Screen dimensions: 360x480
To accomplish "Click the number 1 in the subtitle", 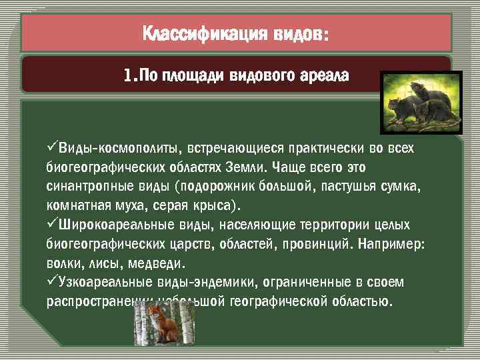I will click(x=127, y=75).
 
